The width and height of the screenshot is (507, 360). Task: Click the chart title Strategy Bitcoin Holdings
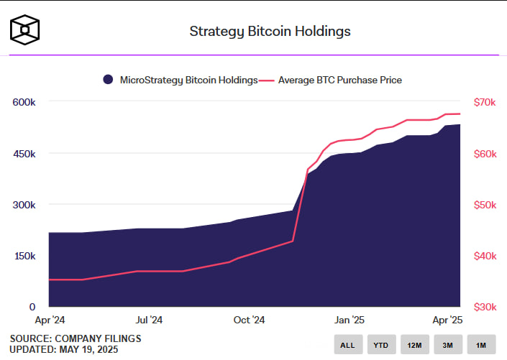point(270,31)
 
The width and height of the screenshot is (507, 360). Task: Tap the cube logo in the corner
point(24,29)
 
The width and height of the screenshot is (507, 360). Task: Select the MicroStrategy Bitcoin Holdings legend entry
point(180,80)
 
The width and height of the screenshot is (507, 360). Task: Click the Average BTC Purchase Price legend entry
point(334,80)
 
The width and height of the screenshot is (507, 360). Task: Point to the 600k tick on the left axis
point(24,103)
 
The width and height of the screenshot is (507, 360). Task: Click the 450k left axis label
point(24,154)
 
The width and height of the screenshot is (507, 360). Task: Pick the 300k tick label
point(24,205)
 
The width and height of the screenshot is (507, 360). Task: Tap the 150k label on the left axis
point(24,256)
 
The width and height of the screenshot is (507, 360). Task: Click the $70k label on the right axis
point(484,103)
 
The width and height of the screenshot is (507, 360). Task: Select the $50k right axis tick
point(484,205)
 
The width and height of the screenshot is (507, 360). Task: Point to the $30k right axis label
point(484,307)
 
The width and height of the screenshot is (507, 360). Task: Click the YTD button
point(380,345)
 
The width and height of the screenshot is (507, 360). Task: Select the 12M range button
point(414,345)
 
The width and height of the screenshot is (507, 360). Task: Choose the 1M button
point(481,345)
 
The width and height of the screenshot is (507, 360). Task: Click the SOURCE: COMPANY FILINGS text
point(76,338)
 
